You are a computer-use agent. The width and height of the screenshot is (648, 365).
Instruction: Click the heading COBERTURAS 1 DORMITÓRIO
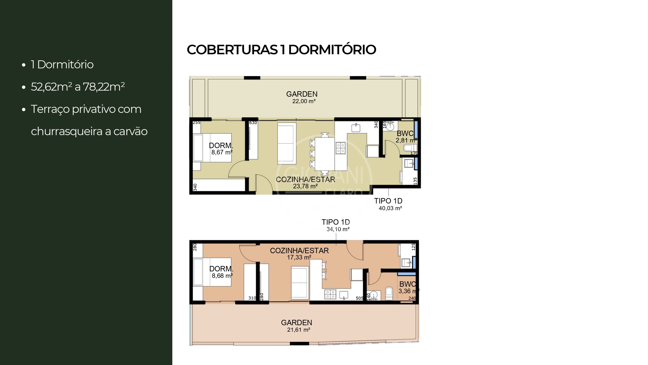point(281,50)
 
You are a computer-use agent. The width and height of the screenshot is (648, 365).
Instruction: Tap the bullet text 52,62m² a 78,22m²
point(78,87)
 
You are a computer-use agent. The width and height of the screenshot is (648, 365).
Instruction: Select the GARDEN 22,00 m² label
point(302,97)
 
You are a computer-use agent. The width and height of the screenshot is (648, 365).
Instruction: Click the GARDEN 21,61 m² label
point(297,326)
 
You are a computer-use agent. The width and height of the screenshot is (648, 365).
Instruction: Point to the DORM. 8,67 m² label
point(221,149)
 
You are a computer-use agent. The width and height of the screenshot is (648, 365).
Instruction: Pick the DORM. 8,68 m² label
point(221,272)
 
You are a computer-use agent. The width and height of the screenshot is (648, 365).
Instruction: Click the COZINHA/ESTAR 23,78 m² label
point(305,183)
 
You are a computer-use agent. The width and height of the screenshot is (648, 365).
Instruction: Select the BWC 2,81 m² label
point(405,137)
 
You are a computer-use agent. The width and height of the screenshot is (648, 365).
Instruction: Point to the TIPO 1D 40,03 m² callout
point(389,204)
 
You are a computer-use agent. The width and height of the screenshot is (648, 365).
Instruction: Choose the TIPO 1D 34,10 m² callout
point(336,225)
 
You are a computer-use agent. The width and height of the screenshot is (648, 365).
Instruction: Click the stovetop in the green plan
point(340,148)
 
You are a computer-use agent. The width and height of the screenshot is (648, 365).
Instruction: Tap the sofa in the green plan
point(287,143)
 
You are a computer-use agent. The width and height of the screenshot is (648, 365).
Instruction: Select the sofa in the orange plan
point(300,282)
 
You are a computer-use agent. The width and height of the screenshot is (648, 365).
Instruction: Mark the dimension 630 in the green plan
point(253,123)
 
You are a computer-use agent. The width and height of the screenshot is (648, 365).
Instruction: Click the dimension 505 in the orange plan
point(359,298)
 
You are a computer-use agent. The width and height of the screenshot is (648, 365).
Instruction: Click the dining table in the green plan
point(325,154)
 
